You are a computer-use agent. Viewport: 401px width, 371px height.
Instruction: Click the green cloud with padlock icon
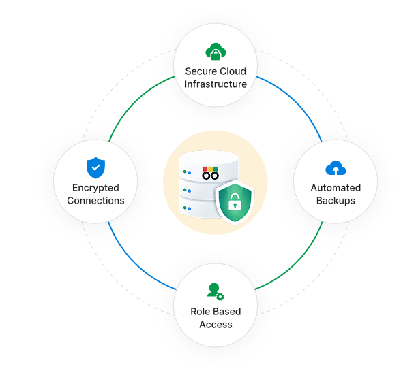216,51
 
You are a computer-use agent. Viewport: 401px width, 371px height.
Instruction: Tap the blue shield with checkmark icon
95,167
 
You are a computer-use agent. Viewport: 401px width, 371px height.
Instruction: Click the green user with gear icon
216,291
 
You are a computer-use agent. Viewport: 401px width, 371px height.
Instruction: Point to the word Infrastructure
216,84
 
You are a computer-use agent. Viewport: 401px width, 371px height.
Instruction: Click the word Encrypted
95,188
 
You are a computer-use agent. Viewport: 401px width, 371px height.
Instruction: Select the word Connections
95,200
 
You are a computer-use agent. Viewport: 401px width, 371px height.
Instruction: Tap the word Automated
336,188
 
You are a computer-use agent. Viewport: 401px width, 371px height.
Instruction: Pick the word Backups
336,201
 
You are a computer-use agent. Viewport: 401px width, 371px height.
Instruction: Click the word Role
200,312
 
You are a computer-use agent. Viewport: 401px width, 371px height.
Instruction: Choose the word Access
216,325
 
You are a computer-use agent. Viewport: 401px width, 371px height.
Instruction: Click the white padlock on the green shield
235,201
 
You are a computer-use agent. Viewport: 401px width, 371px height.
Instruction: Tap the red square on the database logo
205,169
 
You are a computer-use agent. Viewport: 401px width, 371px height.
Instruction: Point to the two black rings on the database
210,176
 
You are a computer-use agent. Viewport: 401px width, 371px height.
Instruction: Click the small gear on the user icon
220,297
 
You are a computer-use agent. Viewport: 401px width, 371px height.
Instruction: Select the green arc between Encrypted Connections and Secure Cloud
136,102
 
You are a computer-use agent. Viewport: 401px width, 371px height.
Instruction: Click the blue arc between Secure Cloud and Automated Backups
295,102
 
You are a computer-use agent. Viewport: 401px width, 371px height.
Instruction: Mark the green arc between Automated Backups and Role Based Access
295,262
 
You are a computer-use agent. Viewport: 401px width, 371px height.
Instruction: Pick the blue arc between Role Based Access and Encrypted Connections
136,262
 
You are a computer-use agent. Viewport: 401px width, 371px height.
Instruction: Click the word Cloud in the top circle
232,71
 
